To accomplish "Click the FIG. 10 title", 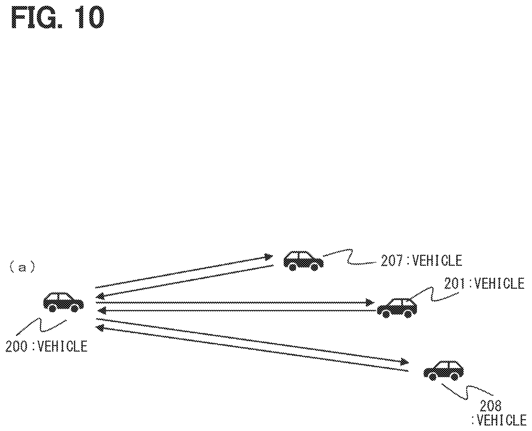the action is coord(58,18).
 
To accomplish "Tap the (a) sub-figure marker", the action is coord(22,268).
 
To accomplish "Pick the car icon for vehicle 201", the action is coord(397,307).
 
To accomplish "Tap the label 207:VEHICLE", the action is coord(421,261).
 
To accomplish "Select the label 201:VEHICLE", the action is coord(484,283).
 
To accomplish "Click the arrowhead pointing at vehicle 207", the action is coord(268,257).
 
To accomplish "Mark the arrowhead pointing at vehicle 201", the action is coord(369,302).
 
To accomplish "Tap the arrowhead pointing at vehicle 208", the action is coord(404,362).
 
